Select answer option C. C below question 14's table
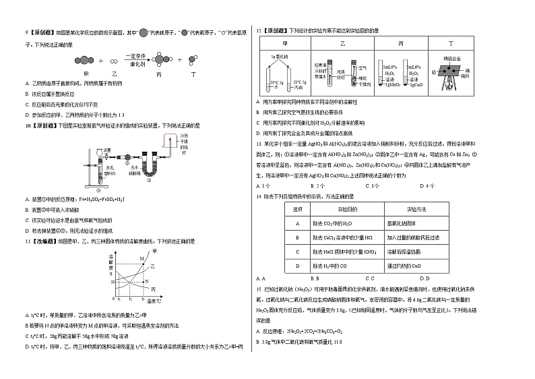coord(370,278)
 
